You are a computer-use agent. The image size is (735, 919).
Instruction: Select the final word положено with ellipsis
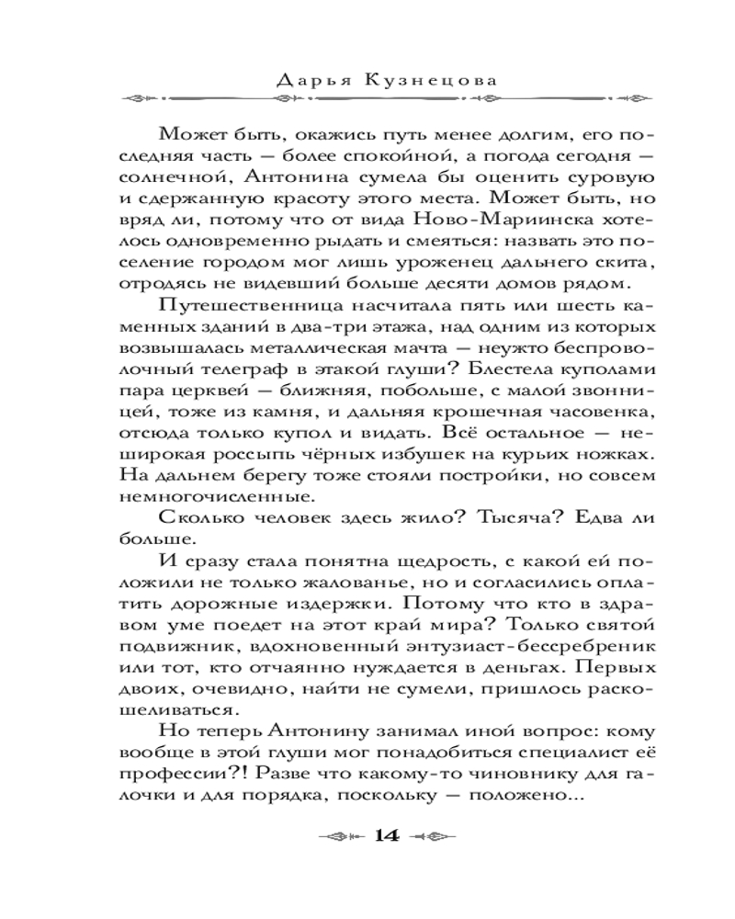pyautogui.click(x=526, y=796)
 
